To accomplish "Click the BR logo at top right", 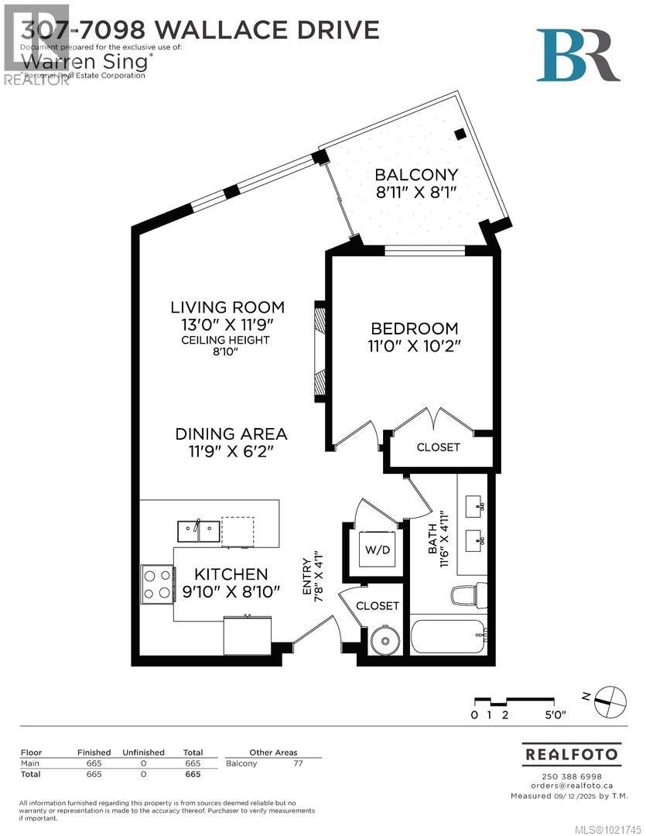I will click(x=578, y=55).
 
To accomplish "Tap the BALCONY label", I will click(x=416, y=174).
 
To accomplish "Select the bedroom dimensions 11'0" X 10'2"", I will click(x=413, y=347).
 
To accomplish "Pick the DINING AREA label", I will click(x=231, y=434).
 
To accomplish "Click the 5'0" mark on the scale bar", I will click(x=555, y=716).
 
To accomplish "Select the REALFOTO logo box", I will click(x=572, y=753).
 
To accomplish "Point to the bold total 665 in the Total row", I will click(x=192, y=774).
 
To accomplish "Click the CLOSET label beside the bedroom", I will click(x=438, y=447).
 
